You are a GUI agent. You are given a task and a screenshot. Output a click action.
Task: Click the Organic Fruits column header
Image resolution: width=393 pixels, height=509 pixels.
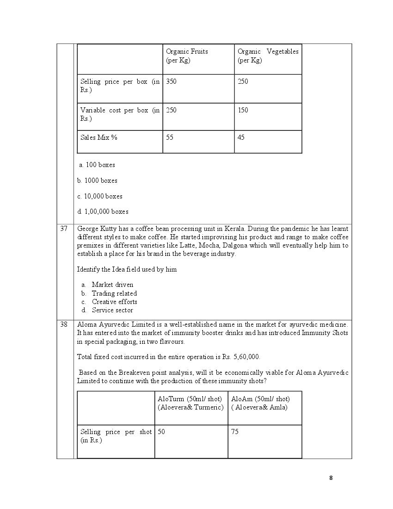187,56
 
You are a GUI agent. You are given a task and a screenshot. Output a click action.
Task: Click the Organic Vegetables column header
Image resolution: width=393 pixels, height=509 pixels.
268,56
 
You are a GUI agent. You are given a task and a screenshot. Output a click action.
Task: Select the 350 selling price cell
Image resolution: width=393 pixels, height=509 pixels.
171,81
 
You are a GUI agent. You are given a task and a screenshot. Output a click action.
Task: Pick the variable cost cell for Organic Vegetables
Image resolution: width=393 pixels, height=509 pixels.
243,110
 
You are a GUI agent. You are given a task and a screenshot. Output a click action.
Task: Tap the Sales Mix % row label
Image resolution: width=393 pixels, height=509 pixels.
99,137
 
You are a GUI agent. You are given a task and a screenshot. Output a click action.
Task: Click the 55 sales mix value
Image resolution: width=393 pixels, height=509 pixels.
170,137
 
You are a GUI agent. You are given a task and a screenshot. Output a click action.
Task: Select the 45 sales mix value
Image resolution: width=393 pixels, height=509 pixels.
241,137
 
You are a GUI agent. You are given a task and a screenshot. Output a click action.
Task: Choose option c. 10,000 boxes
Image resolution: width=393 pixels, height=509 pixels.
100,196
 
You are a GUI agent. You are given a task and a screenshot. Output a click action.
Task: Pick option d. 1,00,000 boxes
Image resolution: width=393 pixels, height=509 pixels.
103,211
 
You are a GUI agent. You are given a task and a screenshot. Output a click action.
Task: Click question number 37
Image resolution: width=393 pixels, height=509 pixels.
64,229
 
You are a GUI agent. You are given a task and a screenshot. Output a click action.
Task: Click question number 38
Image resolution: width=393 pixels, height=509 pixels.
64,324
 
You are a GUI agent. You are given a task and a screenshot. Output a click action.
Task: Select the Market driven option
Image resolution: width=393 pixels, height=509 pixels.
112,285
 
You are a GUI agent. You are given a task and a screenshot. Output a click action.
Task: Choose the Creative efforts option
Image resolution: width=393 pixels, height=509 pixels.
114,302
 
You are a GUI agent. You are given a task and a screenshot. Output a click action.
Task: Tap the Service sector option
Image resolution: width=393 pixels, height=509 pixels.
112,310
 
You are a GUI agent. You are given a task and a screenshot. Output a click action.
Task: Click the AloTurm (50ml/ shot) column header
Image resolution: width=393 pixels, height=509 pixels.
190,399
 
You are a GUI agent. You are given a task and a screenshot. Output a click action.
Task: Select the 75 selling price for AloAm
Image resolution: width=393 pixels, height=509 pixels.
235,432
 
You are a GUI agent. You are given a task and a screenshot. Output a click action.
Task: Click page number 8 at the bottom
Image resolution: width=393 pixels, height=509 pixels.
331,478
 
